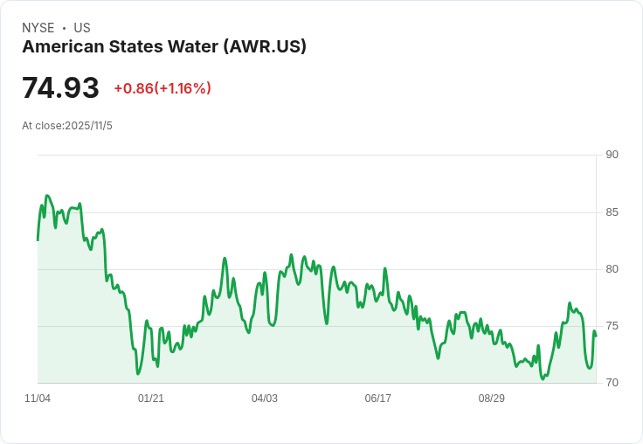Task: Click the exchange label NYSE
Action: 38,28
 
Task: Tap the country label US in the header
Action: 82,28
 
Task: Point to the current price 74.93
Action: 60,87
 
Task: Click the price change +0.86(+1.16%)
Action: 162,88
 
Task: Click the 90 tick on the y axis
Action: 612,155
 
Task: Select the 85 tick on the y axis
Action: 612,212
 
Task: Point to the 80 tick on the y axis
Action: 612,269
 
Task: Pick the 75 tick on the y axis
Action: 612,326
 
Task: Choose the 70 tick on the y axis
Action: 612,383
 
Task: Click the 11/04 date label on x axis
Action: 38,399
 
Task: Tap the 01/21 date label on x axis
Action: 151,399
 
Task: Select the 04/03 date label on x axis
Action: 265,399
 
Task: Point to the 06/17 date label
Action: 377,399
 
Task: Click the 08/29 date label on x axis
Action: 491,399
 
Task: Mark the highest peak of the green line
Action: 47,196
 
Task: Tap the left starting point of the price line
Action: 38,239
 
